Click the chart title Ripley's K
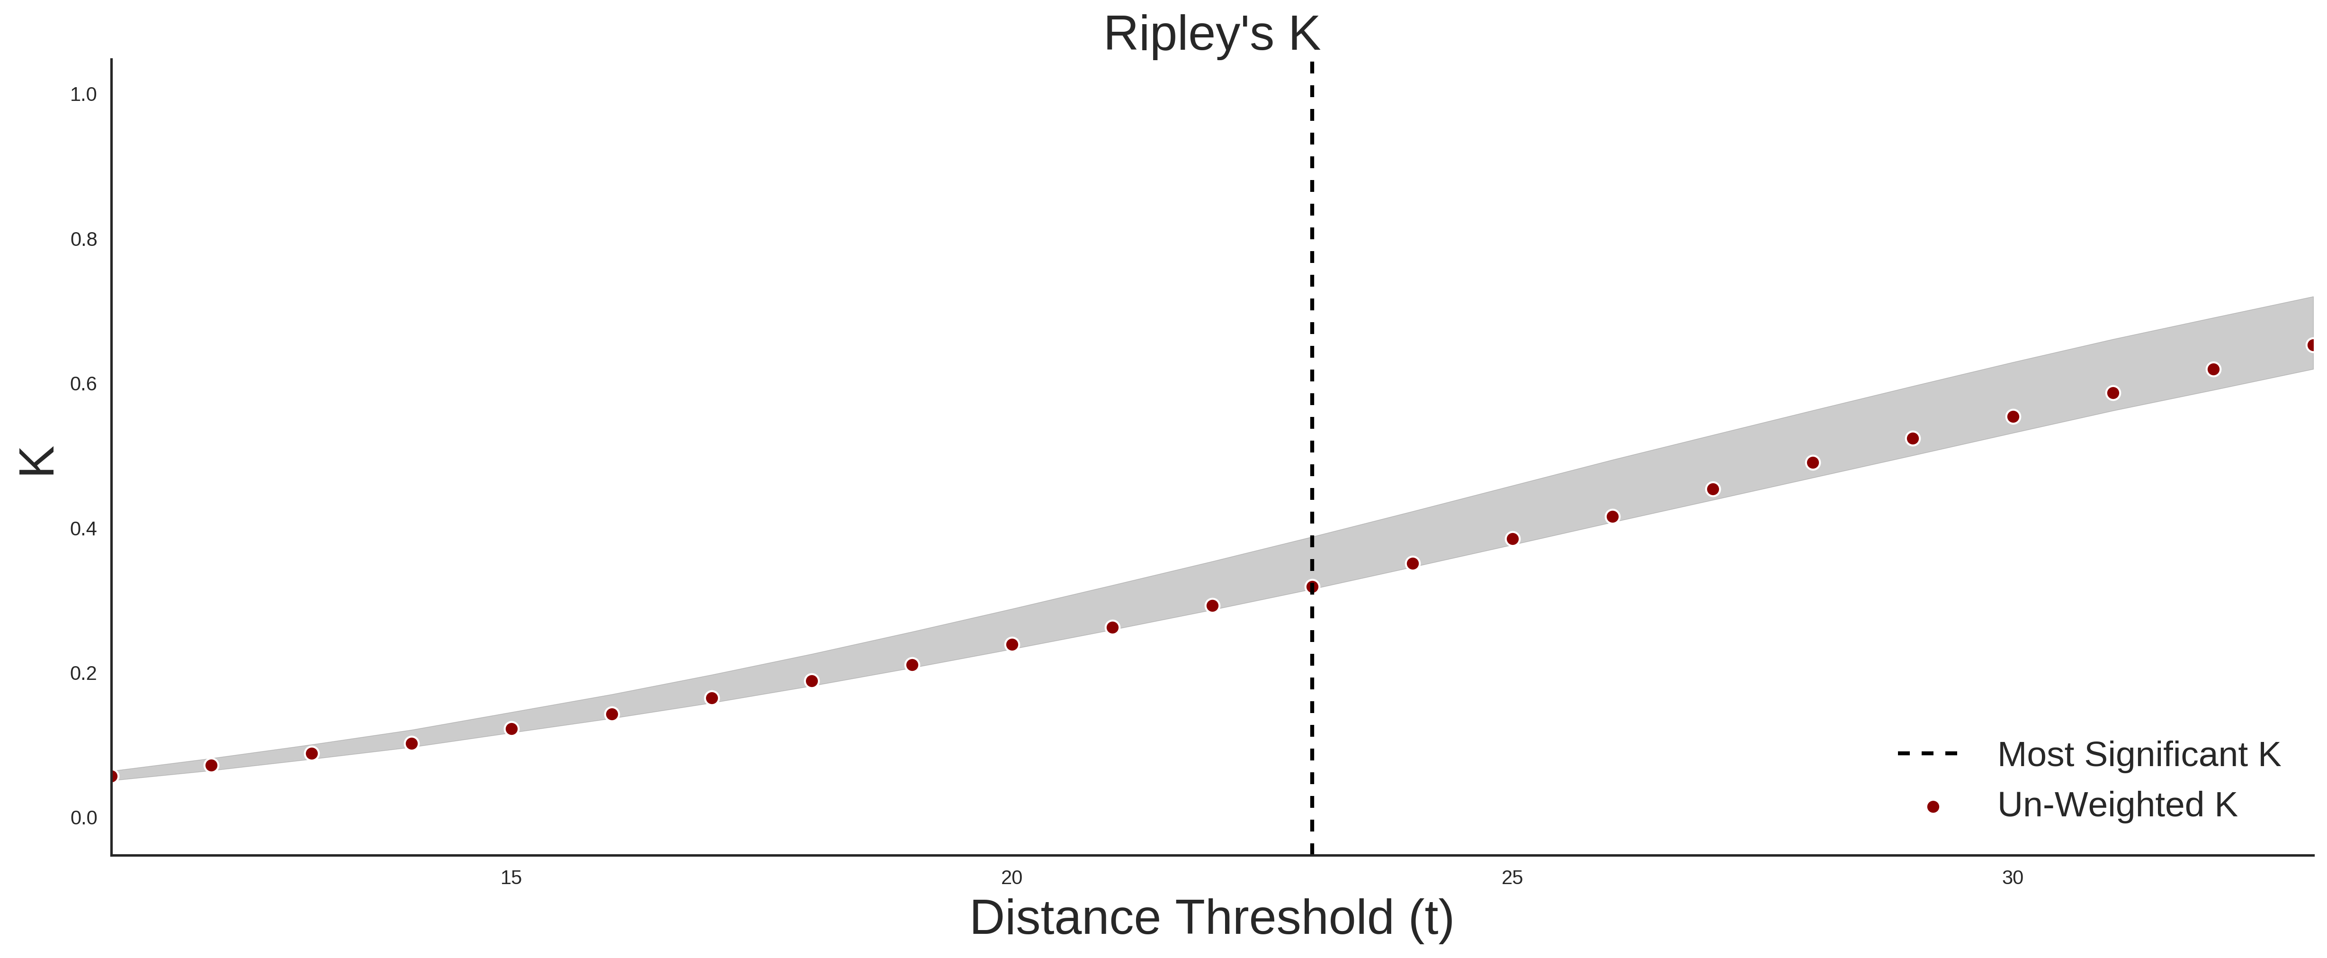coord(1211,34)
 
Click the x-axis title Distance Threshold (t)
coord(1211,918)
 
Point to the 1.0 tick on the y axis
coord(83,95)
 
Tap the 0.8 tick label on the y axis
coord(83,240)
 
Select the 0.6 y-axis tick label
coord(83,384)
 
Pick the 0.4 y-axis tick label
coord(83,529)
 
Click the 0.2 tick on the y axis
coord(83,673)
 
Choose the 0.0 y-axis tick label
coord(83,818)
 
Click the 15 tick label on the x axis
coord(511,877)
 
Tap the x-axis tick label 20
coord(1012,877)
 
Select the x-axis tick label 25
coord(1512,877)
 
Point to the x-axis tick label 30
coord(2013,877)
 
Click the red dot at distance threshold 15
coord(511,728)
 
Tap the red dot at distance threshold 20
coord(1012,644)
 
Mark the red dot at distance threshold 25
coord(1512,539)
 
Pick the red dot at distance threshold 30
coord(2013,416)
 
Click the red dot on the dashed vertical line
coord(1312,587)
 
